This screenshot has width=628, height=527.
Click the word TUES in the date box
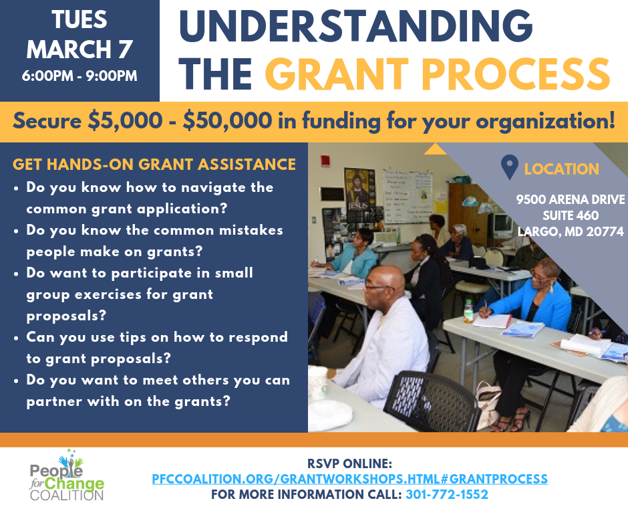[80, 19]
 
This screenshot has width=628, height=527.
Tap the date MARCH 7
[80, 48]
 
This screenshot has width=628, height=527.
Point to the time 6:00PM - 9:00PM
[80, 76]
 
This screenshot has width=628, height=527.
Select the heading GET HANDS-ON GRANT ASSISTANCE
[154, 164]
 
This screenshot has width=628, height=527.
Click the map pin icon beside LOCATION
[510, 167]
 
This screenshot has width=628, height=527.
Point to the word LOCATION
[561, 169]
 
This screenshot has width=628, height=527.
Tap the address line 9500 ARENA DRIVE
[570, 200]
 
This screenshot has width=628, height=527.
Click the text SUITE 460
[570, 216]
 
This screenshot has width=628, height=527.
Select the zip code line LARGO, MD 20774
[570, 232]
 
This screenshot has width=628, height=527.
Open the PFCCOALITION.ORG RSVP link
[350, 479]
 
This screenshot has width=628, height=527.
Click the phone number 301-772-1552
[446, 495]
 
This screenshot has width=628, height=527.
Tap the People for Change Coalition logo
[67, 478]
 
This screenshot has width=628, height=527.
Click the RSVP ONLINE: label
[350, 463]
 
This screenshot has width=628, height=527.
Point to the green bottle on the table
[469, 310]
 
